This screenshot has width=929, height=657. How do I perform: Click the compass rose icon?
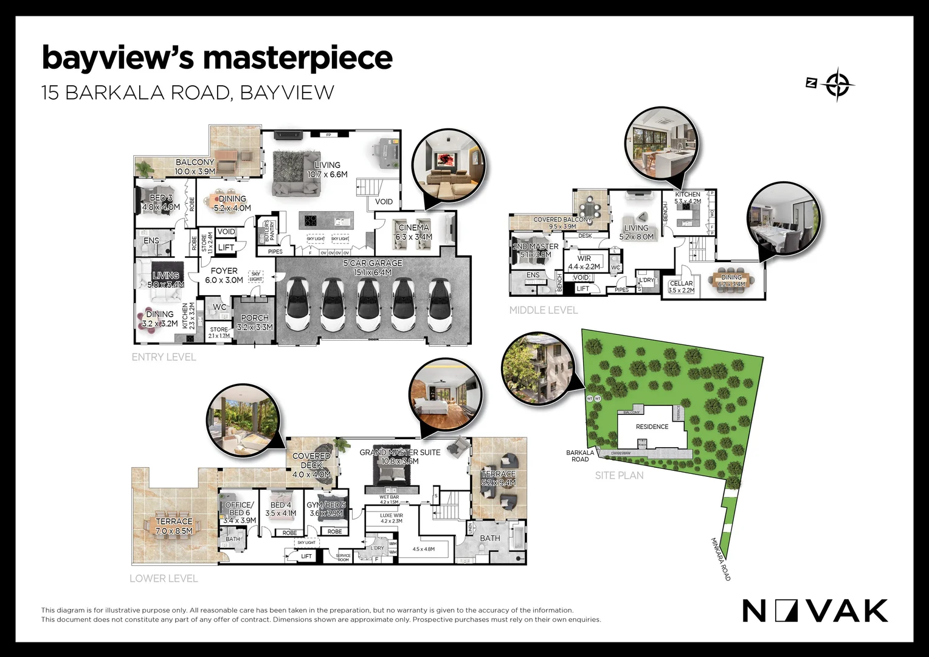[x=837, y=84]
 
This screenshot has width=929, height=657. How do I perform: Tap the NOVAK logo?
[x=815, y=611]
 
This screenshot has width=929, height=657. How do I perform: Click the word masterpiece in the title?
[x=297, y=58]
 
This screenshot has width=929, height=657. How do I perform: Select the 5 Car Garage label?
[x=373, y=263]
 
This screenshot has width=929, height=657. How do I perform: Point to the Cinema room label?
[x=413, y=228]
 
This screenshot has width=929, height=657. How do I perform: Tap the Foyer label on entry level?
[x=224, y=271]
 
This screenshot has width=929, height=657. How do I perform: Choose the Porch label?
[x=255, y=318]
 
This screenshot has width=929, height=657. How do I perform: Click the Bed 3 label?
[x=161, y=198]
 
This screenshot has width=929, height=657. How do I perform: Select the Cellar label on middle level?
[x=681, y=283]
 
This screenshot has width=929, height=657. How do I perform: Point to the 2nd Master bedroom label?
[x=535, y=246]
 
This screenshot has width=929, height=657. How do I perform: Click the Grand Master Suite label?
[x=399, y=453]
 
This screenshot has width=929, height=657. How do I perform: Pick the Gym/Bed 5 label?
[x=326, y=505]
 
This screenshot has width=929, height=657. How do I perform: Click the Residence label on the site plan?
[x=652, y=426]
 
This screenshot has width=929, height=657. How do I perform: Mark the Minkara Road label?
[x=720, y=559]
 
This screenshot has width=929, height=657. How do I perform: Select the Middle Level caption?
[x=543, y=310]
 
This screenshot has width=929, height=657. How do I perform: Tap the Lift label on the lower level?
[x=306, y=556]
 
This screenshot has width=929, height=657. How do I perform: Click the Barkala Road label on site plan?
[x=580, y=456]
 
